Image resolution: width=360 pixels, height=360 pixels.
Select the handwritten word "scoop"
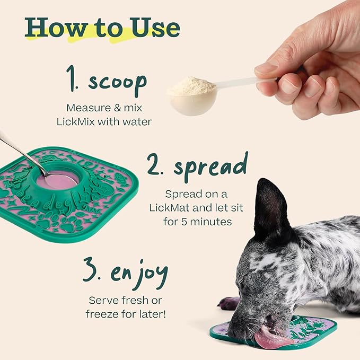pos(117,82)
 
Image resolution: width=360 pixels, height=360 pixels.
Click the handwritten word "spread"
pos(210,166)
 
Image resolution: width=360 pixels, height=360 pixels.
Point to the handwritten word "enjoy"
pos(139,273)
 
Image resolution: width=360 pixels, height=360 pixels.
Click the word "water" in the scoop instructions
pos(137,122)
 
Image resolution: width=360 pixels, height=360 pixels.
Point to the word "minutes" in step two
pos(210,221)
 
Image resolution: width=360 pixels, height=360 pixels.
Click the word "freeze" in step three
pos(104,313)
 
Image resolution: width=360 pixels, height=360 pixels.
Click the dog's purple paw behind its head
pos(230,303)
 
